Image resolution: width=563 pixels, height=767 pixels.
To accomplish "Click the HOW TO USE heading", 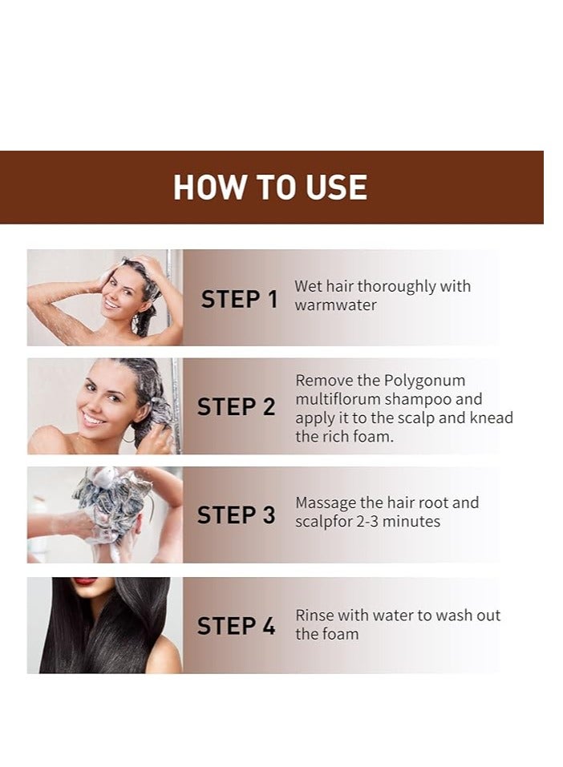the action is (270, 187).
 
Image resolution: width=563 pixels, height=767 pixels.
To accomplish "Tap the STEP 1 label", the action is (239, 300).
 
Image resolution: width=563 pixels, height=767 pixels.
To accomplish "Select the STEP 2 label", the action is (236, 407).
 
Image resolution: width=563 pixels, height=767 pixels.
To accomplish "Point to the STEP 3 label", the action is (236, 515).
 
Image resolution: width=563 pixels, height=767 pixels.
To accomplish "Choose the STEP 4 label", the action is (236, 626).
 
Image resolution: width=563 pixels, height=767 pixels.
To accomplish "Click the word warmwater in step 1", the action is (335, 305).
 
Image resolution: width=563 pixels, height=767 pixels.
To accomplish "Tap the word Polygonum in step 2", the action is (424, 381).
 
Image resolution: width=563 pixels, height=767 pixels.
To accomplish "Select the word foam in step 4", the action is (340, 634).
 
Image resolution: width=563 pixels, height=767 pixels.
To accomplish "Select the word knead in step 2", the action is (492, 418).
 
